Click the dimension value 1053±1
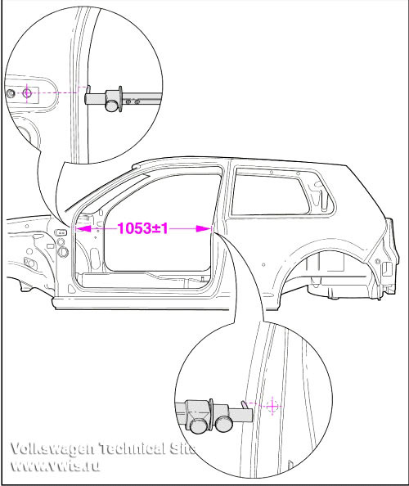click(x=143, y=228)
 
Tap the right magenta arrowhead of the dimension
click(x=204, y=229)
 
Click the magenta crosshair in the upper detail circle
click(x=27, y=92)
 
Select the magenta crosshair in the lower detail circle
click(x=272, y=406)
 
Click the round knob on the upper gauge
click(x=112, y=105)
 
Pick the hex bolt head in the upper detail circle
click(x=11, y=93)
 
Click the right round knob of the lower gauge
click(x=224, y=423)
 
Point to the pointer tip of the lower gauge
click(x=243, y=402)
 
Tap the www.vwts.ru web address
click(x=55, y=466)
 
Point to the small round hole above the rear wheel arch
click(x=263, y=265)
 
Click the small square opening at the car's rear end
click(x=387, y=268)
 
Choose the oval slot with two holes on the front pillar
click(x=60, y=232)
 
